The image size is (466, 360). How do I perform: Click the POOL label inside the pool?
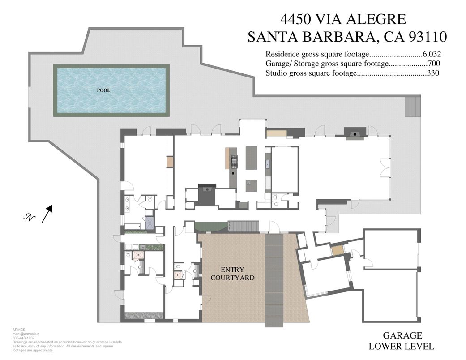pos(103,90)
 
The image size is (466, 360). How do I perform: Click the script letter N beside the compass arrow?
pos(30,218)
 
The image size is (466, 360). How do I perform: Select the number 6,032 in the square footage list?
pos(432,55)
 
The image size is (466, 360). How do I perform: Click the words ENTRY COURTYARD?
pos(232,274)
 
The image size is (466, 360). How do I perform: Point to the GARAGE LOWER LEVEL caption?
pos(402,341)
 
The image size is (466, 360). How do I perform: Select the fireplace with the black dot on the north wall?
pos(355,133)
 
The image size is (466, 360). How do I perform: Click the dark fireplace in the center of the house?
pos(206,194)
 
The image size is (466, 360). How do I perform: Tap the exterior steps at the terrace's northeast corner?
pos(413,106)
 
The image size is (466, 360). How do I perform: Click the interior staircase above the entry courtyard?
pos(244,226)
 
